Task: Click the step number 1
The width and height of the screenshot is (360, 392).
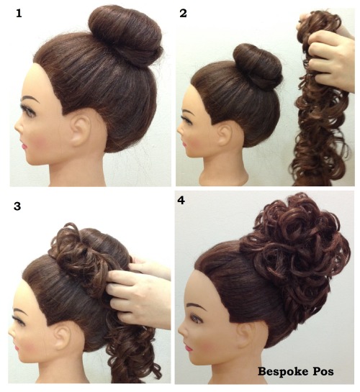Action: click(19, 13)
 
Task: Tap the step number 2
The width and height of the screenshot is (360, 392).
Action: click(183, 13)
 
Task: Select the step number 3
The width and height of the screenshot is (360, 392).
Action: click(17, 206)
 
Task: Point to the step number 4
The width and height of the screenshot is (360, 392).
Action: click(181, 201)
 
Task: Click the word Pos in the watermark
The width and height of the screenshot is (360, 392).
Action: click(323, 371)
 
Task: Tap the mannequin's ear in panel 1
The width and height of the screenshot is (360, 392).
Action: click(80, 131)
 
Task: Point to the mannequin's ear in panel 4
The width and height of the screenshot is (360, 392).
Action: click(246, 335)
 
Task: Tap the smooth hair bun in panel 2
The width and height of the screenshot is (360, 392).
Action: click(258, 66)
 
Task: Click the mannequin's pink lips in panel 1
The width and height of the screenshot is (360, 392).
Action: click(24, 146)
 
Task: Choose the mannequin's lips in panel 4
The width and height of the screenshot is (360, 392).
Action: click(189, 347)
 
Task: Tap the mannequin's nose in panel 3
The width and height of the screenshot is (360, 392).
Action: click(12, 332)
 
